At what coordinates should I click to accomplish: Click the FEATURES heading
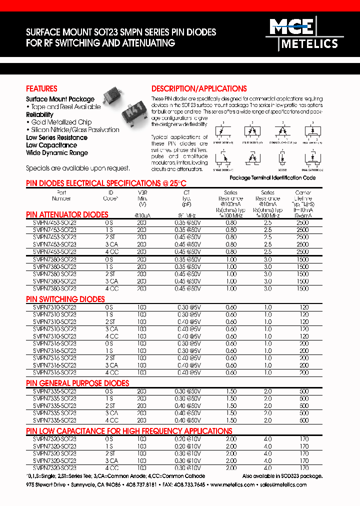41,88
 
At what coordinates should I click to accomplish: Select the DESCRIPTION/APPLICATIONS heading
199,88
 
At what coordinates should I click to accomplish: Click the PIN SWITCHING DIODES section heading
65,299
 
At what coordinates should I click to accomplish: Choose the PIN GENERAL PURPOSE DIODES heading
77,383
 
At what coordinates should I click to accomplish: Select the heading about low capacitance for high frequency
129,431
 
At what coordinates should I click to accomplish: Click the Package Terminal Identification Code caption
272,177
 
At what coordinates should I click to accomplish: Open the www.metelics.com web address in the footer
232,485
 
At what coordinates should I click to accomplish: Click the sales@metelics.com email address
283,485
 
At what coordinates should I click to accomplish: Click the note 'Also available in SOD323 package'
282,476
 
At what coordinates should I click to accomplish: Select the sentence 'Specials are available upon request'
78,168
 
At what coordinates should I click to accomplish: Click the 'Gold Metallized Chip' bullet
58,122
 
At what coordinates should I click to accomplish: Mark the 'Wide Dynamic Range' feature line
57,153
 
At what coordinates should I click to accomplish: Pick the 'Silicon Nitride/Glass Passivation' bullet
73,129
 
